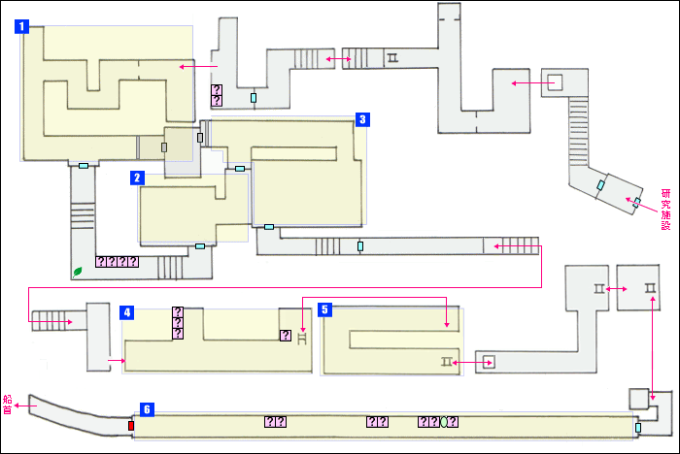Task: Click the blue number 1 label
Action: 21,27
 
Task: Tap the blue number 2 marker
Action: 138,178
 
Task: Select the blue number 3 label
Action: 360,119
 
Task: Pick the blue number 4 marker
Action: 126,312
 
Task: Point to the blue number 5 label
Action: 325,309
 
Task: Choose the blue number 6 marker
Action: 146,410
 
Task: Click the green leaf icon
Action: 78,271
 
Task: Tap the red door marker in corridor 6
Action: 131,425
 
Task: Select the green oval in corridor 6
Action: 443,422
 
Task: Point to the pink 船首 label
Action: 8,405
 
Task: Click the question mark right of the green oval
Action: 453,422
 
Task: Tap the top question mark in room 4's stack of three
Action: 178,312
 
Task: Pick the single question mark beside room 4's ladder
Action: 285,336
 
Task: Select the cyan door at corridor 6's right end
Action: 638,428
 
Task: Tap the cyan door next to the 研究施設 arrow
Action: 636,204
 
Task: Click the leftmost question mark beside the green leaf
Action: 101,262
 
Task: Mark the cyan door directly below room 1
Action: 84,167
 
